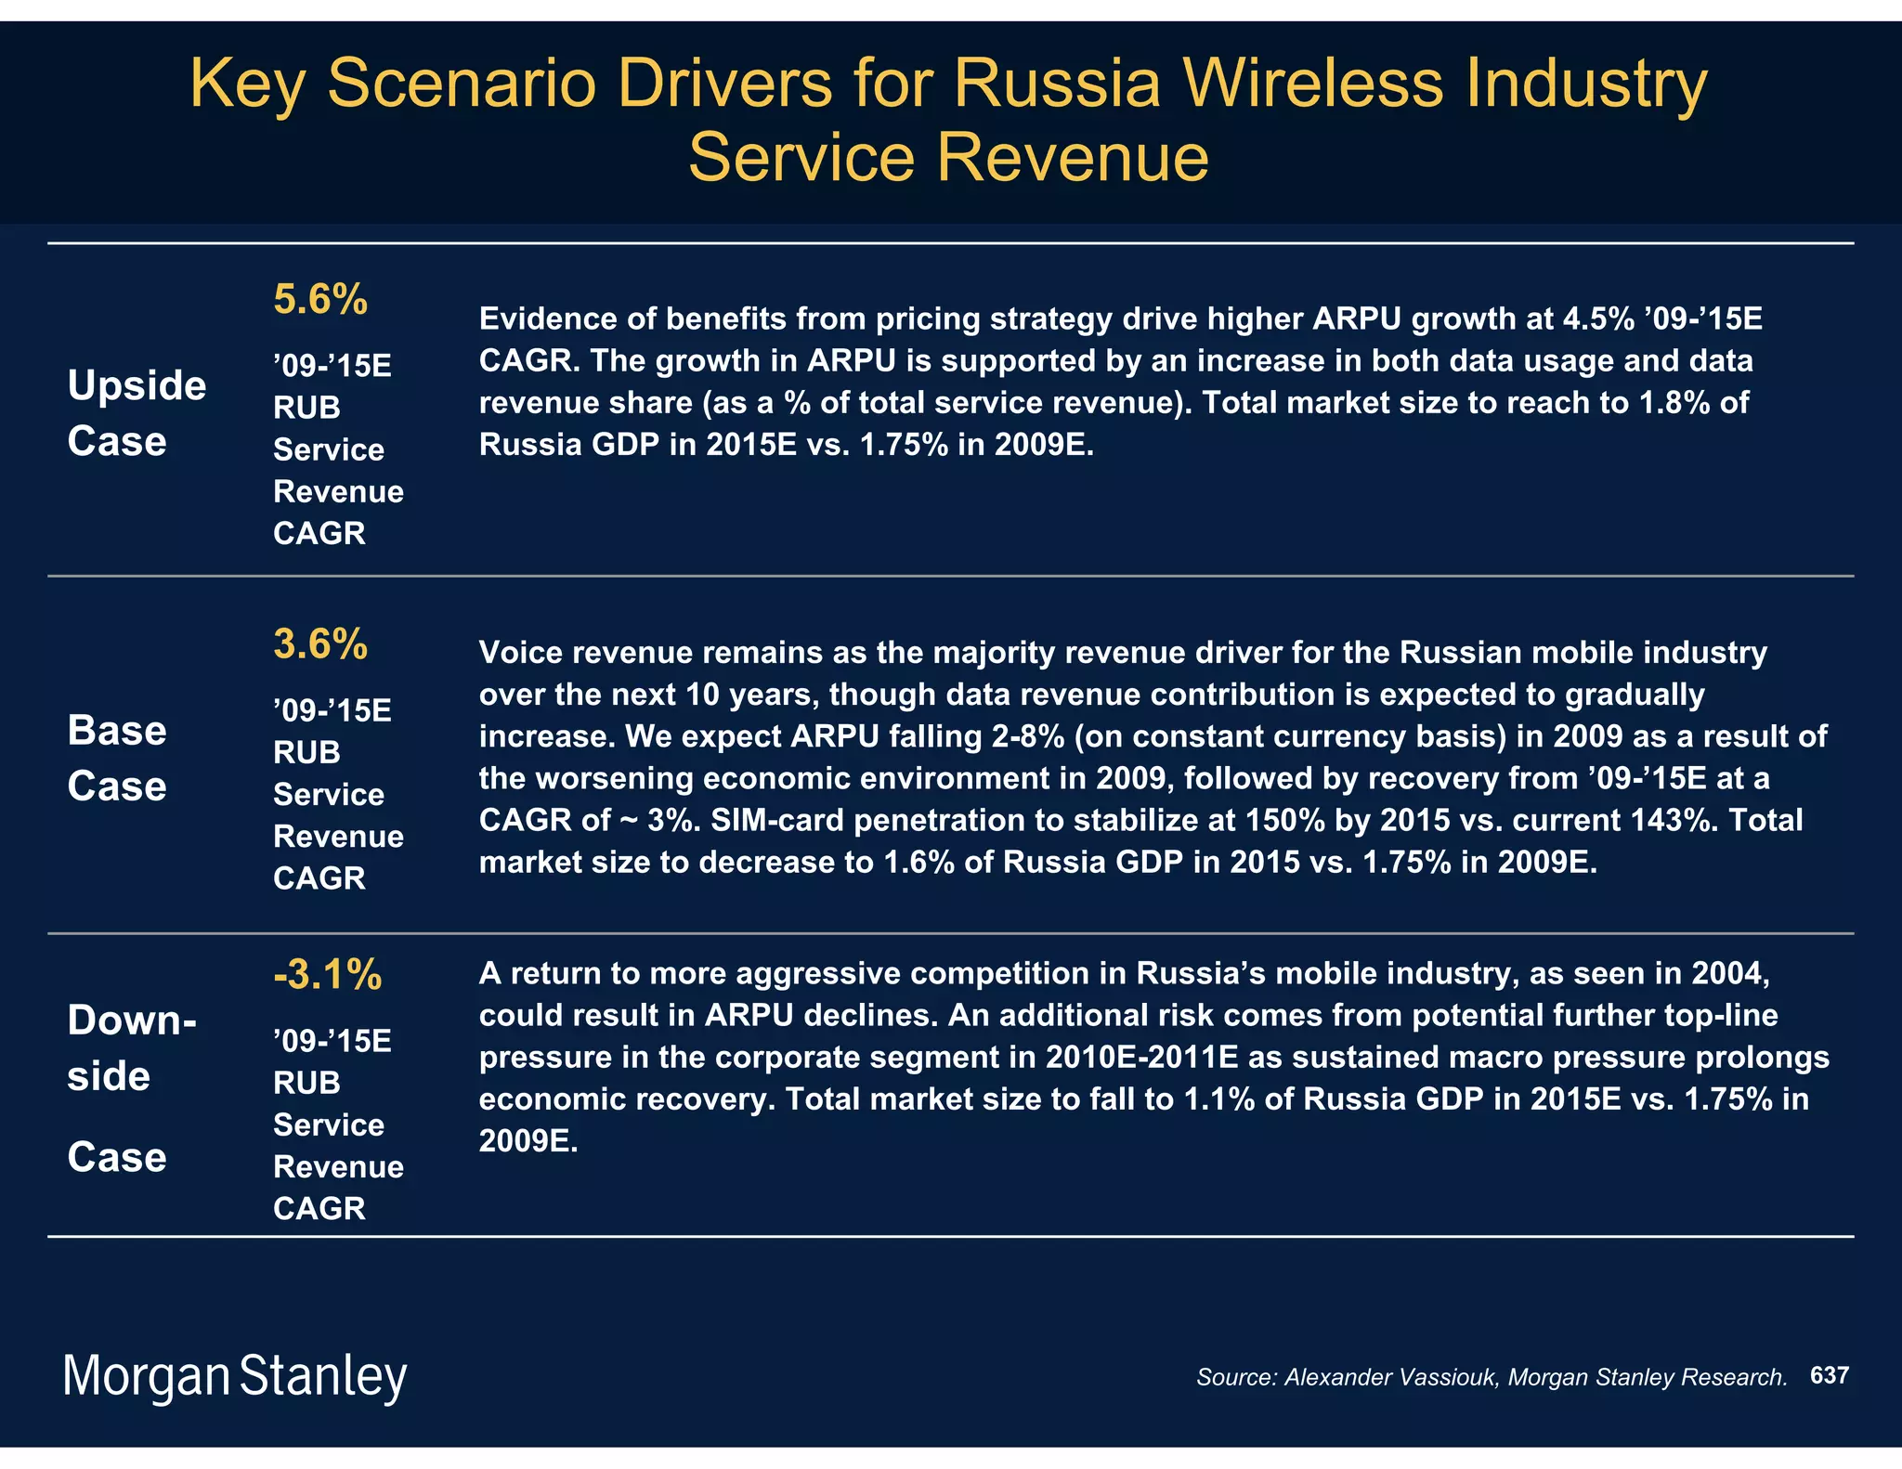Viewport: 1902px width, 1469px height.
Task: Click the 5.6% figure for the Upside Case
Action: pos(320,300)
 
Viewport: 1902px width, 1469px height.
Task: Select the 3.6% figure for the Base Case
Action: pos(320,644)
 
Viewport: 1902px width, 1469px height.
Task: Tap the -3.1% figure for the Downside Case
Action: pos(327,975)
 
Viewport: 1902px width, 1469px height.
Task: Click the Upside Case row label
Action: pos(137,412)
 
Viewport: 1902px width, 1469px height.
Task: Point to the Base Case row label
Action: pos(117,758)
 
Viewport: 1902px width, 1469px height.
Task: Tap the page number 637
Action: pos(1829,1375)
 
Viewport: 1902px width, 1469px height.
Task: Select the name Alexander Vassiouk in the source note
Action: pos(1391,1377)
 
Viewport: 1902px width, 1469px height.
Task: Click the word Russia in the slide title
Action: pos(1058,84)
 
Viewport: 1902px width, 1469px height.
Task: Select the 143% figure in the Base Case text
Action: pos(1678,820)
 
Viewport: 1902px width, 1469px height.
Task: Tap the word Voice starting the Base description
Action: pos(520,653)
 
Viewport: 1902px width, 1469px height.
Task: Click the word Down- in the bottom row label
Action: pos(132,1020)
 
